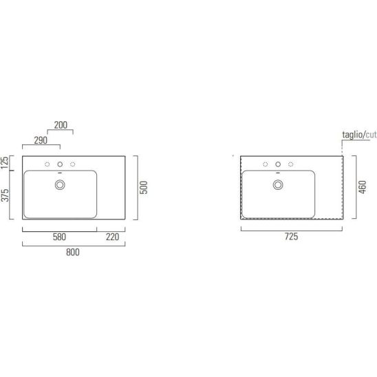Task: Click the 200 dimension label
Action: [61, 125]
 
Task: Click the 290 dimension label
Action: [41, 140]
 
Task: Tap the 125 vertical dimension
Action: [5, 162]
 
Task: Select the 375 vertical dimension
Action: [5, 195]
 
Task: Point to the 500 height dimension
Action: [144, 188]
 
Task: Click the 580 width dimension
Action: [59, 237]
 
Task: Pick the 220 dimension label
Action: [113, 237]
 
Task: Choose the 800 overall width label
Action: [73, 252]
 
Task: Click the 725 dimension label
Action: [292, 237]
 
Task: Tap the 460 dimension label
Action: [363, 187]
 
